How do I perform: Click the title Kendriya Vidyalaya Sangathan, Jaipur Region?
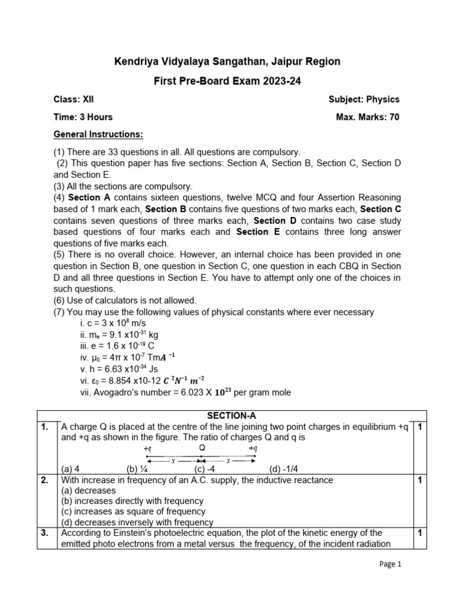227,62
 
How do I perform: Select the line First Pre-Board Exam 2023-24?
227,81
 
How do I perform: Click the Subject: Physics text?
364,100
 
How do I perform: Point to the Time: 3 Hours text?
83,117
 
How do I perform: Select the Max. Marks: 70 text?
367,117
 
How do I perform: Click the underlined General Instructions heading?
98,135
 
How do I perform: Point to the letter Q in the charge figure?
202,448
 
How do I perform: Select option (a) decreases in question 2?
89,491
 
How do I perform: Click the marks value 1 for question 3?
419,533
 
